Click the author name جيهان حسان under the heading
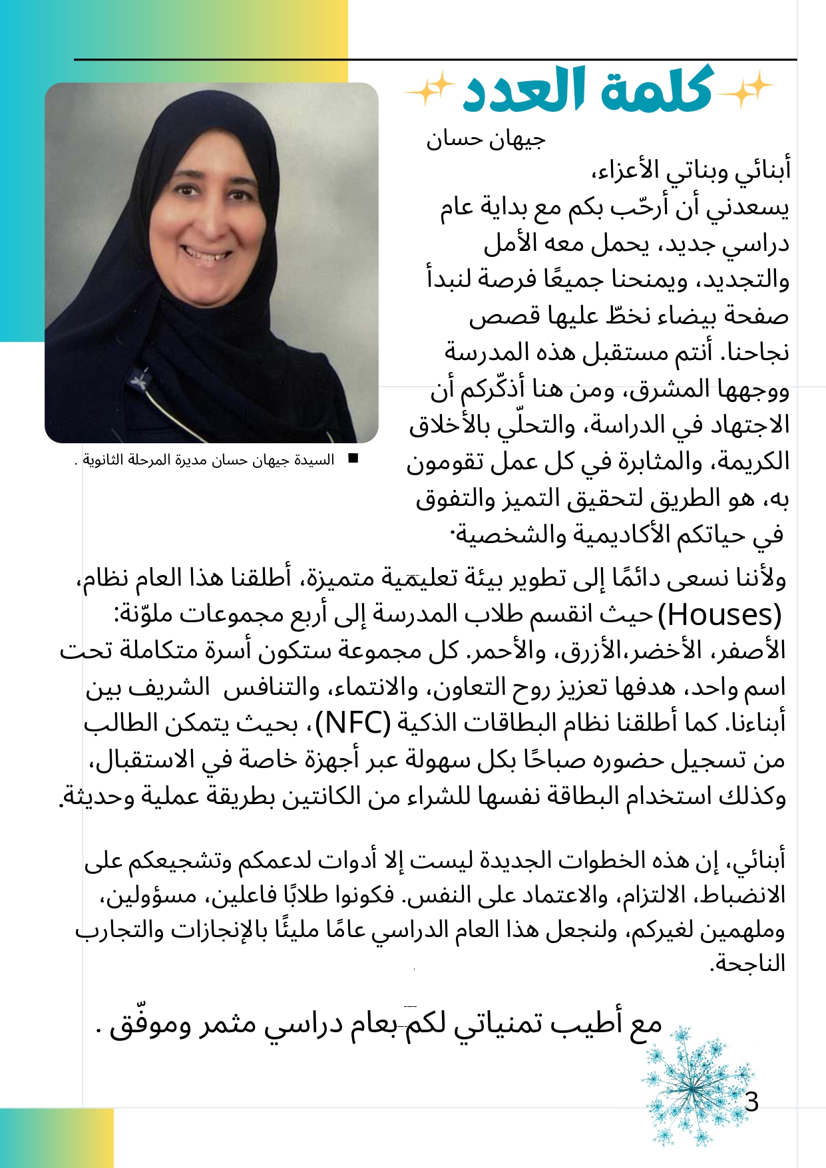486,139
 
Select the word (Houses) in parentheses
719,615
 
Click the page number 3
751,1103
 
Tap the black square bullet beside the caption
353,459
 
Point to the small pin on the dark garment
141,381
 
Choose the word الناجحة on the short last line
748,964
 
